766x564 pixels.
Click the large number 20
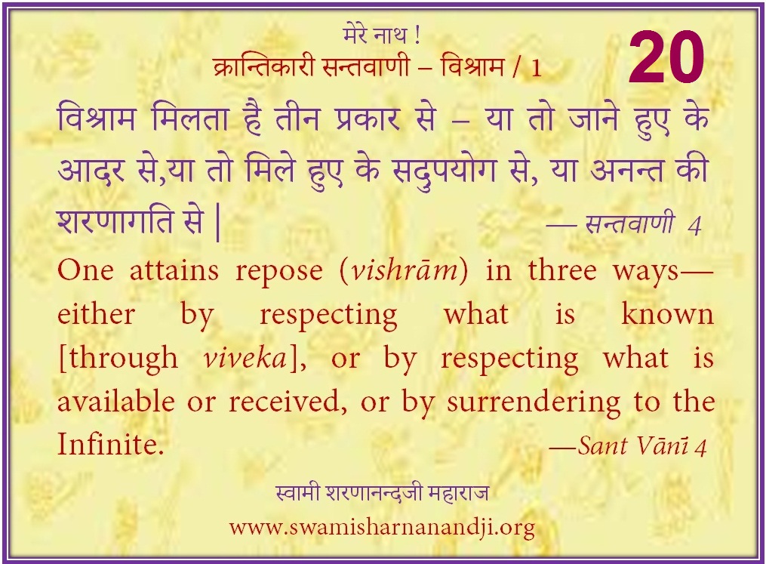pos(666,57)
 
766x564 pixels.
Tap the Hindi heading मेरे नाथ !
pos(382,35)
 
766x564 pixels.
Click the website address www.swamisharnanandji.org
pos(382,528)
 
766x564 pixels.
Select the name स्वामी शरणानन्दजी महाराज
pos(382,493)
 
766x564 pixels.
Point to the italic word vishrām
pos(405,270)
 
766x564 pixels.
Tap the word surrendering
pos(534,403)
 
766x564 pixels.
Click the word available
pos(116,402)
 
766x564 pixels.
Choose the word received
pos(288,402)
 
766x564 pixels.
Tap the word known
pos(667,314)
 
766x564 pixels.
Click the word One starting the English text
pos(85,270)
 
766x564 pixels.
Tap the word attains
pos(174,270)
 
